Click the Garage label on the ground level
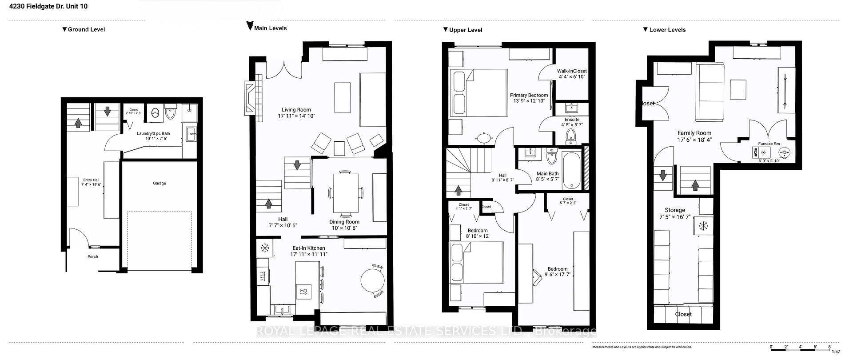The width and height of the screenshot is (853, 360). click(159, 183)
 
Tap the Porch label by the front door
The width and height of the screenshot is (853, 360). click(93, 256)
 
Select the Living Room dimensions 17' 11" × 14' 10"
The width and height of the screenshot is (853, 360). click(296, 116)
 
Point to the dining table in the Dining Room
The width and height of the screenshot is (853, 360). click(346, 193)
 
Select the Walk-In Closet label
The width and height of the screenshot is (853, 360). click(572, 71)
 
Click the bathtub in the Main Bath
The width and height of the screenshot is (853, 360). click(571, 171)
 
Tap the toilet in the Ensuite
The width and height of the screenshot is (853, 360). click(571, 137)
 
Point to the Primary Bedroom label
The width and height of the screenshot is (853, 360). click(529, 95)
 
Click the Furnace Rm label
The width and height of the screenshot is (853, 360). click(769, 144)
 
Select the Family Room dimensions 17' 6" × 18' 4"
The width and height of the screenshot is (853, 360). click(694, 140)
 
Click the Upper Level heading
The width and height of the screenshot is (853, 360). click(466, 30)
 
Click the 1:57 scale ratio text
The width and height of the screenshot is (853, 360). click(836, 352)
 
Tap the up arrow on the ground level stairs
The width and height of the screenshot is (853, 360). click(78, 123)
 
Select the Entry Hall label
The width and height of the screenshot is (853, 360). click(91, 180)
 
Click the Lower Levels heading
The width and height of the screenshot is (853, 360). click(667, 30)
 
